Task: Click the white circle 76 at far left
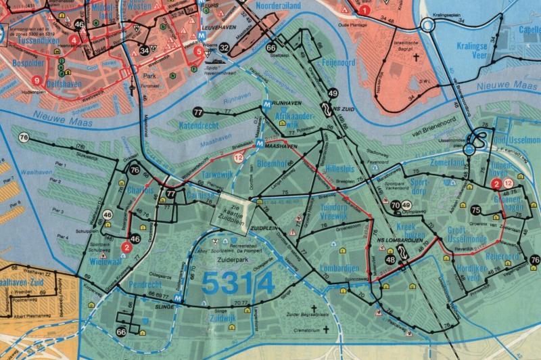tap(25, 138)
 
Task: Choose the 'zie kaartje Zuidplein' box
tap(231, 210)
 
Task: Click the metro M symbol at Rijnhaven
tap(268, 104)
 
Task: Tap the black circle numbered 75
tap(476, 210)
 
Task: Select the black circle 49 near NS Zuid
tap(333, 94)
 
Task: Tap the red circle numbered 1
tap(364, 11)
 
